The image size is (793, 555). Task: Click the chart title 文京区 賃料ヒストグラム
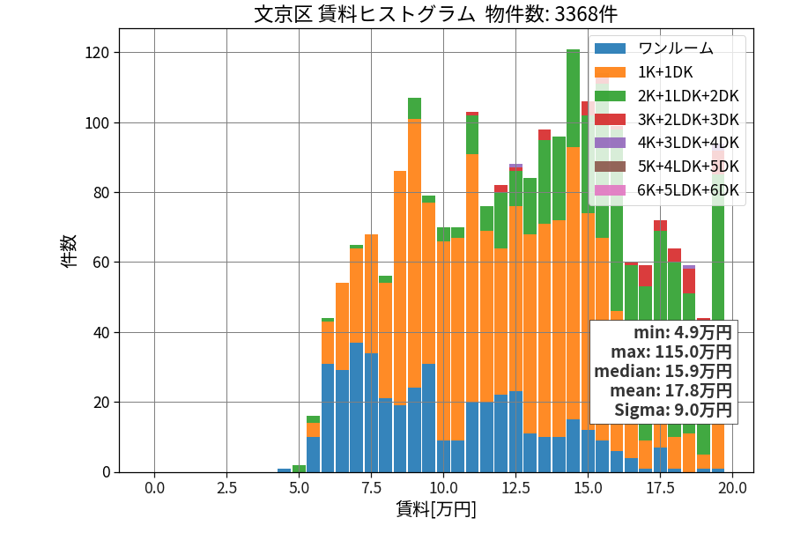(x=365, y=14)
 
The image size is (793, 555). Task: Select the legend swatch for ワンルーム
(x=610, y=48)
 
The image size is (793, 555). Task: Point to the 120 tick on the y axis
(x=97, y=53)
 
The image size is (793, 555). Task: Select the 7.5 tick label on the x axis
(x=371, y=488)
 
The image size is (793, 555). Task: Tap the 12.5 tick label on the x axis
(x=515, y=488)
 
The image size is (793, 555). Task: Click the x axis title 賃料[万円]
(x=436, y=509)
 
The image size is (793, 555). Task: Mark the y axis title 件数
(x=69, y=251)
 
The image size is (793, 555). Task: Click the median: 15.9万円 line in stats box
(x=663, y=371)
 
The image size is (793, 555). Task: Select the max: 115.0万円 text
(x=671, y=351)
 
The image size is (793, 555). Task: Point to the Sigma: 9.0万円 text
(x=673, y=410)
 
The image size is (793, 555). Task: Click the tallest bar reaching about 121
(x=573, y=261)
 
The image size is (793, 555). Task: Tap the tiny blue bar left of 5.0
(x=285, y=470)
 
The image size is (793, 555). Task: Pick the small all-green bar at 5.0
(x=299, y=469)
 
